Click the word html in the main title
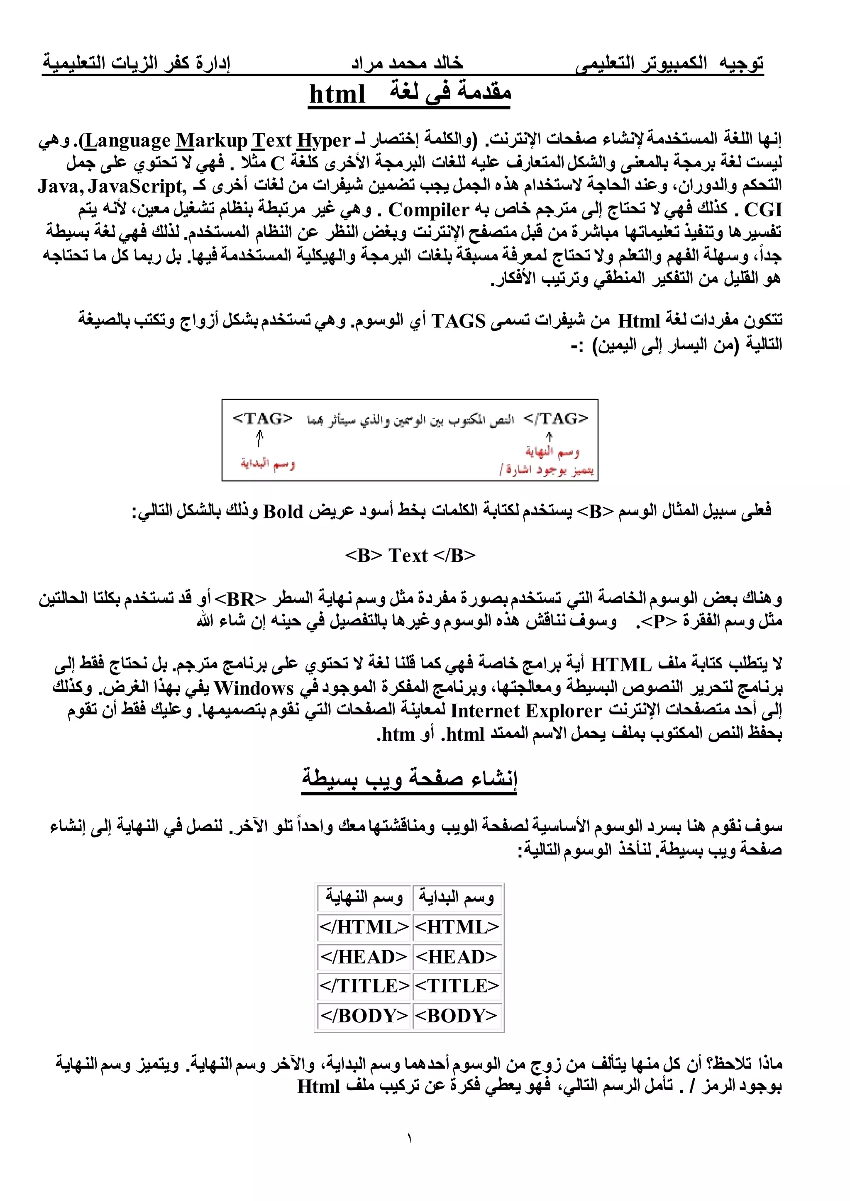(337, 95)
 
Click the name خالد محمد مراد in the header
(407, 63)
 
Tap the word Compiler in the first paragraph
(428, 210)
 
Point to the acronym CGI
(763, 210)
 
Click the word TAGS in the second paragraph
(459, 321)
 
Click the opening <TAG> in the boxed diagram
(262, 418)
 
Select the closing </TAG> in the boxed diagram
(556, 418)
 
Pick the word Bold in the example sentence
(283, 511)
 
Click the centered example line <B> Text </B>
(410, 555)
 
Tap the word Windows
(254, 688)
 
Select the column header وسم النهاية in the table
(364, 897)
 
